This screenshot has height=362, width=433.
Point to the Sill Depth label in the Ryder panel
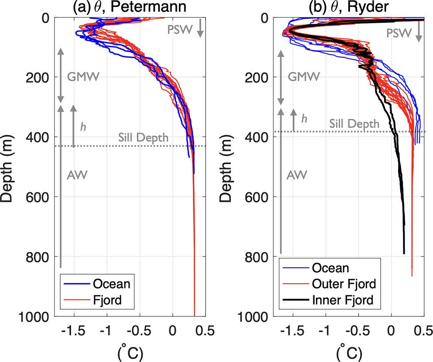pos(354,124)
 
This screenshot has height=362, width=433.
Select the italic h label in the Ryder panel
pos(305,118)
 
